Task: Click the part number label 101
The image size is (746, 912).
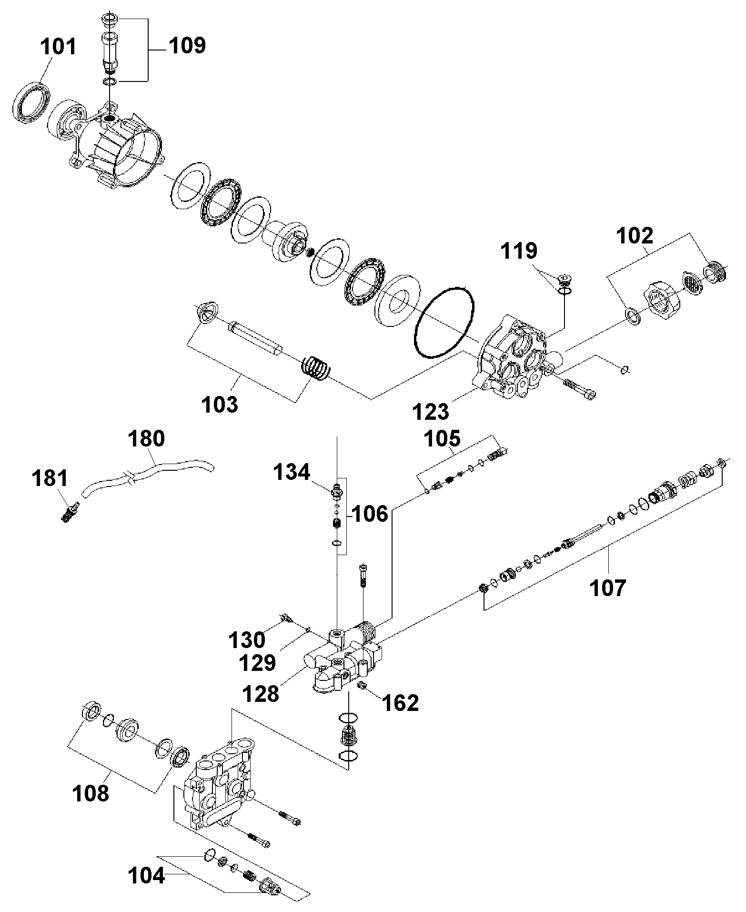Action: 58,48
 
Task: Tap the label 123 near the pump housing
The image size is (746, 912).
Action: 431,411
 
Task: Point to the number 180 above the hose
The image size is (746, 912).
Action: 146,438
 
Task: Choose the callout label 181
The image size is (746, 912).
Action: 50,478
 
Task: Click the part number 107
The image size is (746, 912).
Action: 607,588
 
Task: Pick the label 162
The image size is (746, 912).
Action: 401,703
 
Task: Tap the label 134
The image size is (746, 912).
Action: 292,473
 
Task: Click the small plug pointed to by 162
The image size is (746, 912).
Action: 362,686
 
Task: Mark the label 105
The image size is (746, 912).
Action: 443,438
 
